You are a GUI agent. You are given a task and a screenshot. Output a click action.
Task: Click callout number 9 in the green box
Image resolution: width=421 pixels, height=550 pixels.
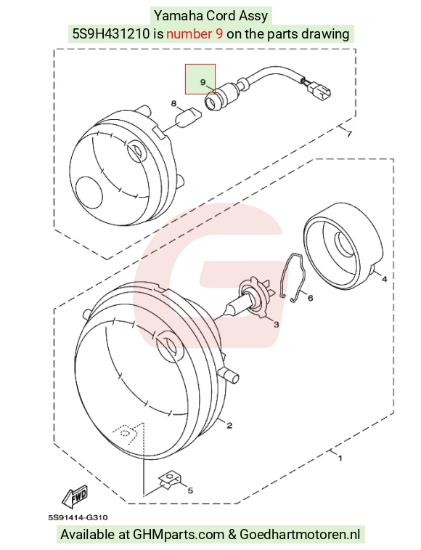tap(203, 82)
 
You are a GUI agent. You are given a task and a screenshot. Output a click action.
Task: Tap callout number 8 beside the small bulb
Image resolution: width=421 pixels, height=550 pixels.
tap(174, 103)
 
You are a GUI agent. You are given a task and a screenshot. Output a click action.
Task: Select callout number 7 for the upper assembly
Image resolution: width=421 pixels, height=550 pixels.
tap(348, 134)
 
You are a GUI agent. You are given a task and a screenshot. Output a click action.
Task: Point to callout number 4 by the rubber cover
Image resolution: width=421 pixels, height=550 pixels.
tap(384, 279)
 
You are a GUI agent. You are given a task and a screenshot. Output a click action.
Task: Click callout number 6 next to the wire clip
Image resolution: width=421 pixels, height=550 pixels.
tap(310, 298)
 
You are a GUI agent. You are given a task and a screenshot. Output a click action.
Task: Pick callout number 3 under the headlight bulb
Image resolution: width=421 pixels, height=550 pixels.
tap(277, 325)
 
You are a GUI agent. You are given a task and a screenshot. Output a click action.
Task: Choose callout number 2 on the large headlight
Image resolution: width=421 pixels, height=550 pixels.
tap(229, 426)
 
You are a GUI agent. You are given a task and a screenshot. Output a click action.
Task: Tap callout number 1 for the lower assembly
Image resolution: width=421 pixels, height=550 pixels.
tap(340, 458)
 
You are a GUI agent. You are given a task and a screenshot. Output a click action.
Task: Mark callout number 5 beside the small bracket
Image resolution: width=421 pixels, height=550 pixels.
tap(190, 490)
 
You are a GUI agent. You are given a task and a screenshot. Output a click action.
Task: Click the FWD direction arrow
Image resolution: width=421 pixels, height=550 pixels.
tap(74, 496)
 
